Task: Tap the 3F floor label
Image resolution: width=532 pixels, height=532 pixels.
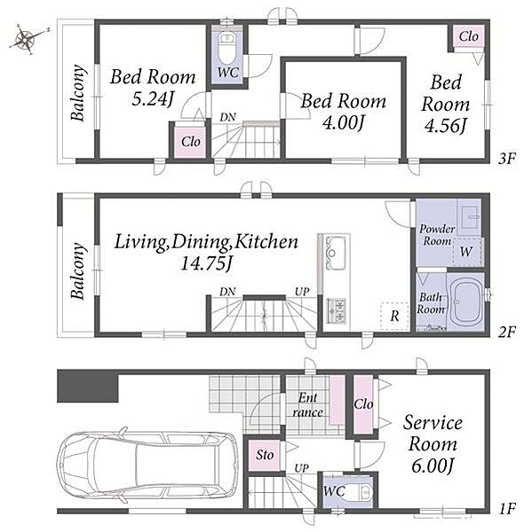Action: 507,159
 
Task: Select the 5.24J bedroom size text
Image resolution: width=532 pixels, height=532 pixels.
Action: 153,99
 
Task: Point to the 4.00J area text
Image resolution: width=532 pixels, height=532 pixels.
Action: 344,123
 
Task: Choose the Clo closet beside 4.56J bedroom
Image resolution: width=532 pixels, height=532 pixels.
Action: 469,36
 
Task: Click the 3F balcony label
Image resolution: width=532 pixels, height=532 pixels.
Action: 77,92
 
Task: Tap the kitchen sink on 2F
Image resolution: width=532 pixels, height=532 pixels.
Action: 336,253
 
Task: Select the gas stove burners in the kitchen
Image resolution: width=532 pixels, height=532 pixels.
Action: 337,310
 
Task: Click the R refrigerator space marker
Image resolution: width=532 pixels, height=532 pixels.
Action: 394,316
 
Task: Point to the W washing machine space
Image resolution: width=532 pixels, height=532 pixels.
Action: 467,252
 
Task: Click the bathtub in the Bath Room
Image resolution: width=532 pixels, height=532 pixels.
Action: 465,302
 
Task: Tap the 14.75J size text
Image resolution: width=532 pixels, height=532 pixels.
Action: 207,263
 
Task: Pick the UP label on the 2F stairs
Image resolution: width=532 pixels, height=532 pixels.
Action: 302,291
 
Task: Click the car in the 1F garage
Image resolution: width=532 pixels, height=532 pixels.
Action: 147,464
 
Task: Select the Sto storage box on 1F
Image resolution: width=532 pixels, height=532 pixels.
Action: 265,455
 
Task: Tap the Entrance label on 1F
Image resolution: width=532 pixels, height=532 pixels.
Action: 307,405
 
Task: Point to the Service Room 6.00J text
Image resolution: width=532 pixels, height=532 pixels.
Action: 433,444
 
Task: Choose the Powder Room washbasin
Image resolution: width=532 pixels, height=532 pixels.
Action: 469,217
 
